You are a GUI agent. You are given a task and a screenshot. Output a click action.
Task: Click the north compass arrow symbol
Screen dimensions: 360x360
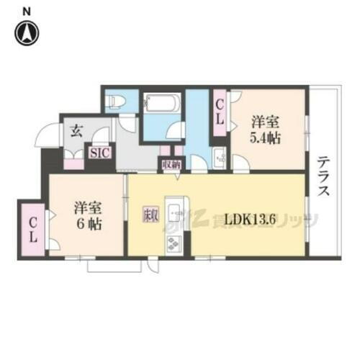27,32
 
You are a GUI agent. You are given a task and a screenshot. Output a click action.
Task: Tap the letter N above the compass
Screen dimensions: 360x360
27,11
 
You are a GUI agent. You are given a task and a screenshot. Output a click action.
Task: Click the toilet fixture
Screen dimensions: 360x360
114,102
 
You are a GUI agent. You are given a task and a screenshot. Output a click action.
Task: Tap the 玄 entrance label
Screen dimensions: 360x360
76,130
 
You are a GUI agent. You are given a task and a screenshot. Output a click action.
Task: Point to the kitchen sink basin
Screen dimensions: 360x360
175,211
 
